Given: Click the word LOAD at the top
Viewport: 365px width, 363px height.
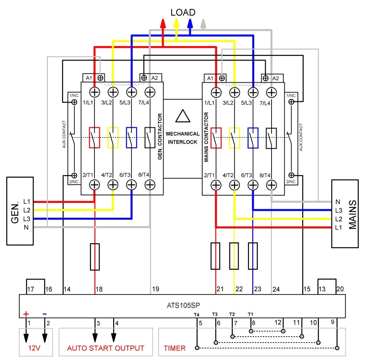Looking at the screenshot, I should [183, 12].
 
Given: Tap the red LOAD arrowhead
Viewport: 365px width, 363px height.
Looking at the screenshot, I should [163, 24].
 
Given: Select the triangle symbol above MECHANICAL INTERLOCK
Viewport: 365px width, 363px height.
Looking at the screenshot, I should [182, 116].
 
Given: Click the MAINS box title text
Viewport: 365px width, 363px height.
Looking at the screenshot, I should [352, 214].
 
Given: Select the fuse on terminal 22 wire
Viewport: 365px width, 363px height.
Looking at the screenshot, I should [234, 256].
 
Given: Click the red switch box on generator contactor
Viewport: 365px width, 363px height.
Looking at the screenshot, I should [95, 137].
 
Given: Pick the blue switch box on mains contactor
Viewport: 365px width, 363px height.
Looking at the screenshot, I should [253, 137].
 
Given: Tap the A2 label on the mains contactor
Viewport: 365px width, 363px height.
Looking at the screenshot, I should [276, 78].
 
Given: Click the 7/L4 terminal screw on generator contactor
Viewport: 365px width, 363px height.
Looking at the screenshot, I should [149, 91].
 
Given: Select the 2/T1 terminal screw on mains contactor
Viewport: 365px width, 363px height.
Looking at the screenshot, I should [216, 185].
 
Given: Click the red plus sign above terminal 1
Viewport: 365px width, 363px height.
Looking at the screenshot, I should [26, 314].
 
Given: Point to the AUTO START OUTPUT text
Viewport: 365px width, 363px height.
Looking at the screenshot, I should [105, 348].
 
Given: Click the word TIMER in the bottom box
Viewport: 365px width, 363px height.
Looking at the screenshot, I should [175, 348].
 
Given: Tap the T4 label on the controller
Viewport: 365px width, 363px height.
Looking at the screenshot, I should [196, 314].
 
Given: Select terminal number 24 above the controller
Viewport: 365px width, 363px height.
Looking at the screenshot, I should [276, 289].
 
